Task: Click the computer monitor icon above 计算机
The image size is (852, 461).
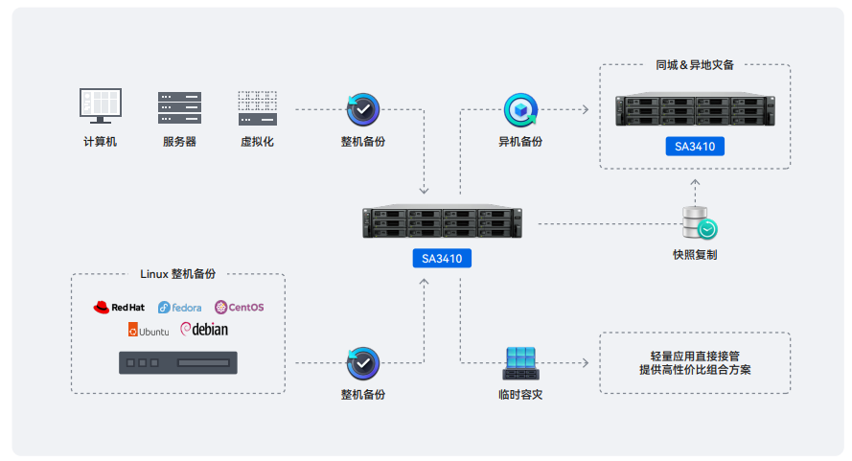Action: point(100,105)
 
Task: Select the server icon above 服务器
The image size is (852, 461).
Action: point(179,107)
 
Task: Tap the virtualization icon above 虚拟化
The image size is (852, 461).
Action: point(257,107)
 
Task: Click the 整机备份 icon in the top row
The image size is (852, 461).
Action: point(363,110)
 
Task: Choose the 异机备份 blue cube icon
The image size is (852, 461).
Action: point(520,110)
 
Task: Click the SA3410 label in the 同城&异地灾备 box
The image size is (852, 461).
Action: point(695,147)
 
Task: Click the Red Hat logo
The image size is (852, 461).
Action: point(119,307)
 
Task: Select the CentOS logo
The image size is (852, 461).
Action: point(240,307)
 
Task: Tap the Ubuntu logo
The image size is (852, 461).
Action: point(149,331)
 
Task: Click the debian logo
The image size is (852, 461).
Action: point(204,330)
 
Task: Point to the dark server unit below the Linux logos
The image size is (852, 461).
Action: point(178,363)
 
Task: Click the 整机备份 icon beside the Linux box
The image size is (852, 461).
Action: point(363,363)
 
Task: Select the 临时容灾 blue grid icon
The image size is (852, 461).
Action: point(520,362)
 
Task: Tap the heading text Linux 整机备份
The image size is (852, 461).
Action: point(178,274)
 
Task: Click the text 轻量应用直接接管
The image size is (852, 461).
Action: point(695,355)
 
